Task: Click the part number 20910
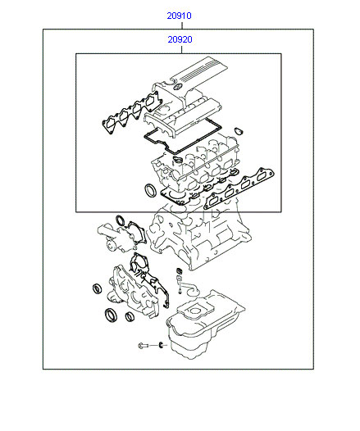[179, 16]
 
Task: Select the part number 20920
[180, 39]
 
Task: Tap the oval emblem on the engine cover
[178, 88]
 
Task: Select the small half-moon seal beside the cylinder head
[239, 131]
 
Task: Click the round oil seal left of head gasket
[150, 190]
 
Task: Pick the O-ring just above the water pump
[121, 220]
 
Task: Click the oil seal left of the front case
[97, 288]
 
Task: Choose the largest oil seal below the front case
[112, 315]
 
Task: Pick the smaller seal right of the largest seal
[130, 316]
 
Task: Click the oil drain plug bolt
[144, 345]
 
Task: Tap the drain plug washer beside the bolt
[161, 344]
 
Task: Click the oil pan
[205, 324]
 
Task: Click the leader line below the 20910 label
[182, 25]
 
